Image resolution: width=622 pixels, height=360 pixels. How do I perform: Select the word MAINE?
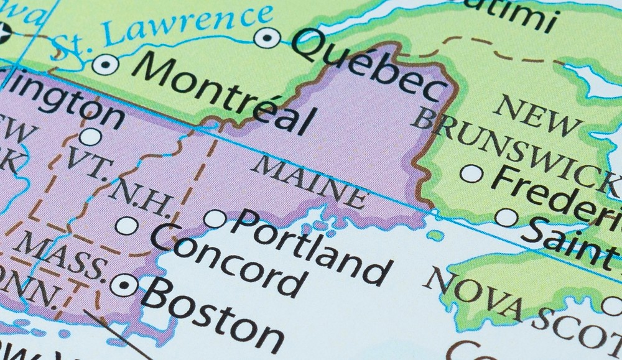[x=310, y=182]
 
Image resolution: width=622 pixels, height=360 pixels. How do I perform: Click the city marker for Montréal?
[x=105, y=64]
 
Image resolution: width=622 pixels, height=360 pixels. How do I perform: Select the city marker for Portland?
[x=215, y=219]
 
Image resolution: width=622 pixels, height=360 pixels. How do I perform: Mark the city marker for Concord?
[x=127, y=226]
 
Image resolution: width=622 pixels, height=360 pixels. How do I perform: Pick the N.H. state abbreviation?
[x=141, y=196]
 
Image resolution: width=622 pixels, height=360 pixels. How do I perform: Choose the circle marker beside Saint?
[x=506, y=218]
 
